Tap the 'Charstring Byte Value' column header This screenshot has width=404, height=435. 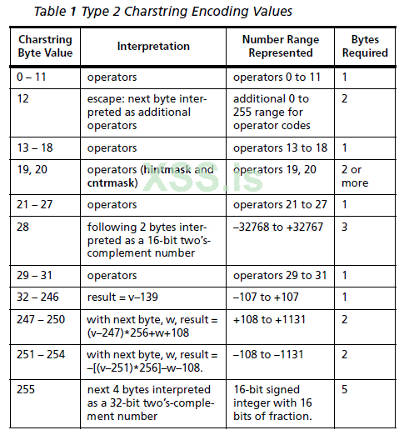coord(46,46)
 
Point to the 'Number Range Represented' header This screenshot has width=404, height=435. coord(279,46)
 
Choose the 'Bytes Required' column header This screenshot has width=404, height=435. coord(365,46)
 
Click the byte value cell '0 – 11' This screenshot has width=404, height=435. coord(34,77)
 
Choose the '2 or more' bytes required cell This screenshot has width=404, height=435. coord(356,175)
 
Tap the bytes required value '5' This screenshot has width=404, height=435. coord(345,389)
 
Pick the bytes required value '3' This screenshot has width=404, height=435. coord(345,226)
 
